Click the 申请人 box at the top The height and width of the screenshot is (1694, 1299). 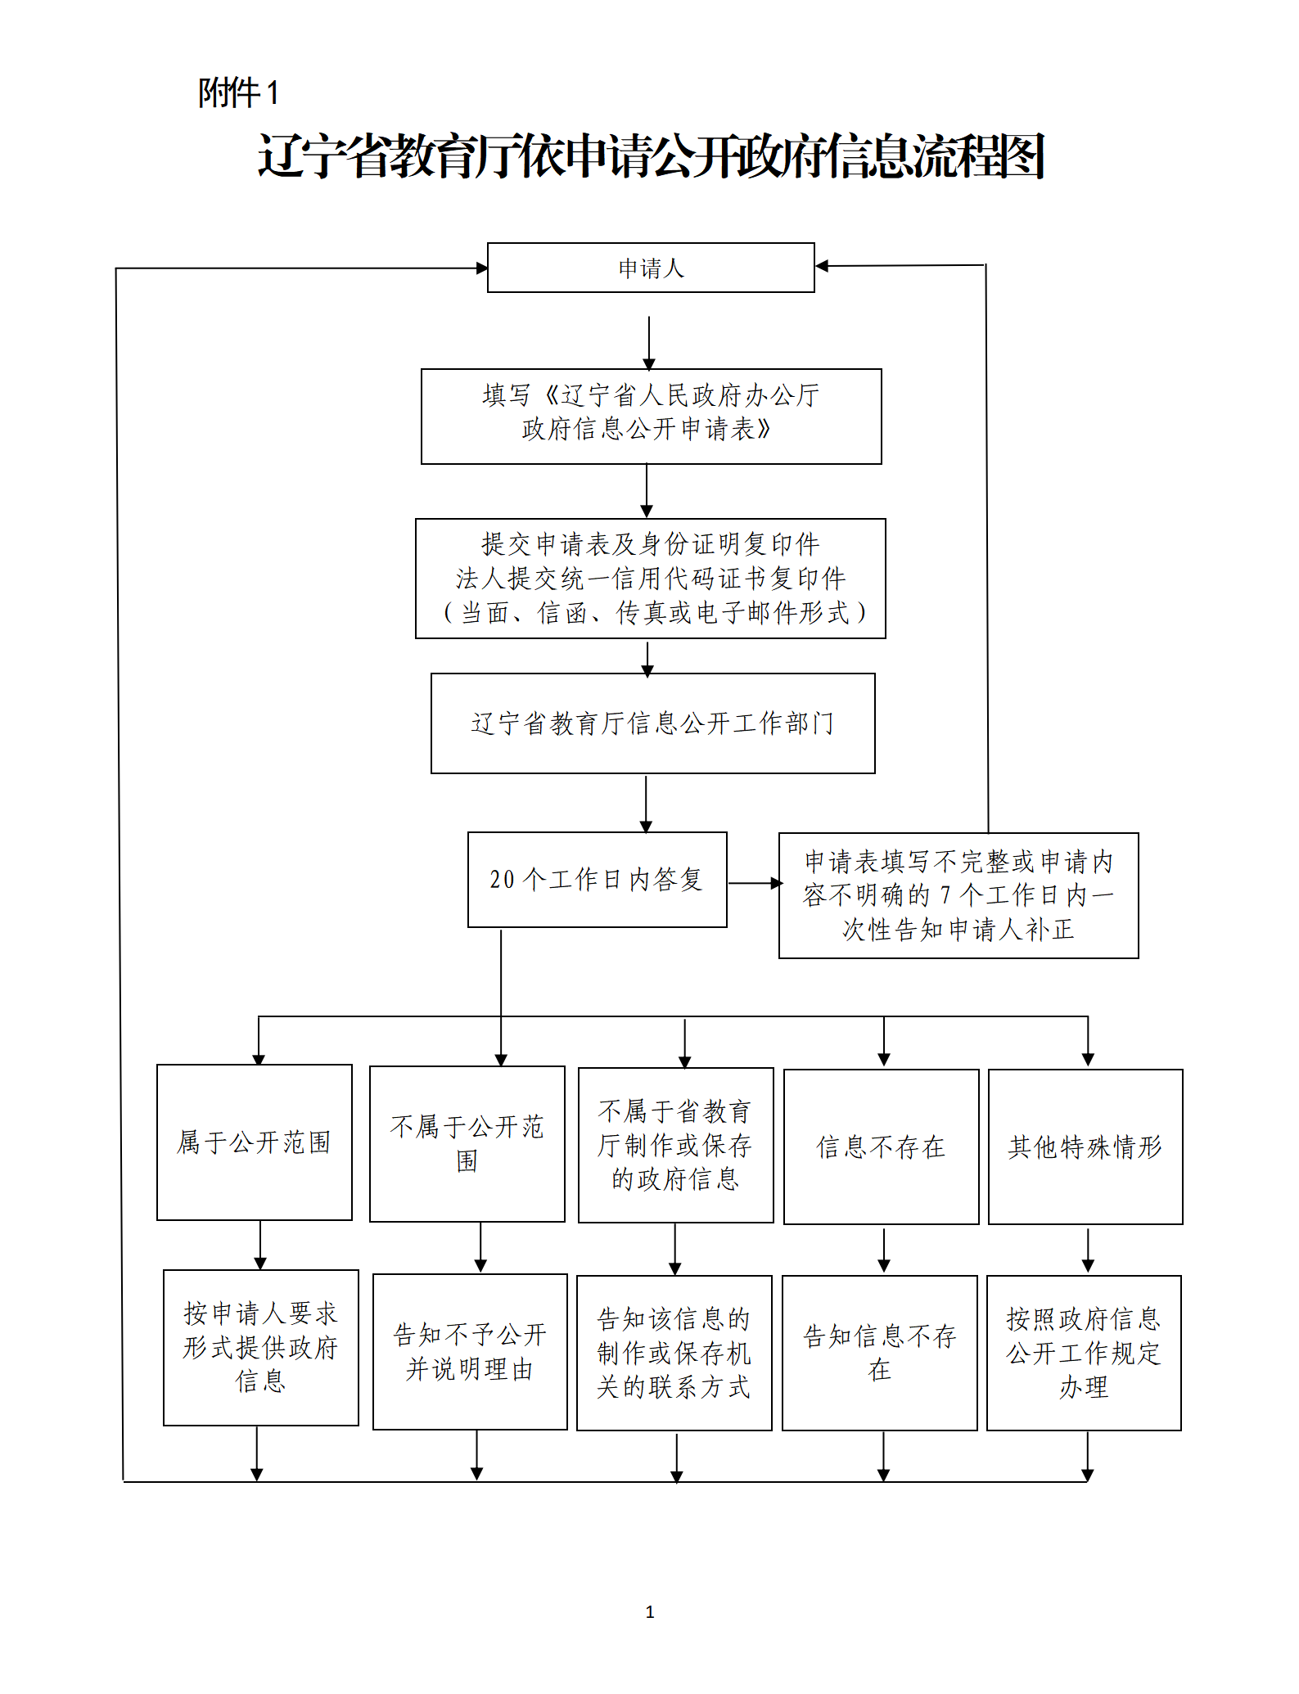click(x=651, y=268)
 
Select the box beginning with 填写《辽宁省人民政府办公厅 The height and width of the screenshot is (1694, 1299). click(x=651, y=416)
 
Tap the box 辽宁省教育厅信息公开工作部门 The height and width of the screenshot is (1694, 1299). click(x=652, y=723)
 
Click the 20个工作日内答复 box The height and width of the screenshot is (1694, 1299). click(x=597, y=879)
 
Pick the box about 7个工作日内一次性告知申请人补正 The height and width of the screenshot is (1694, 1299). click(x=958, y=895)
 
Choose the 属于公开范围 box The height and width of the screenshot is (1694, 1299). click(x=254, y=1142)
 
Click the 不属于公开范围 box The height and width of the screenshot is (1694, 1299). click(x=467, y=1143)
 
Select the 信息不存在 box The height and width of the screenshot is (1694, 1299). click(x=881, y=1147)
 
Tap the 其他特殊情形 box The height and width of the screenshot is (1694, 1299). click(x=1085, y=1147)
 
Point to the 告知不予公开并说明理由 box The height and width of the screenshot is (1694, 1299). click(x=470, y=1351)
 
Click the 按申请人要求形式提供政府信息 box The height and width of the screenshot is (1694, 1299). click(x=260, y=1347)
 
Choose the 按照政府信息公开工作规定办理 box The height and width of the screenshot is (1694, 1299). click(x=1084, y=1352)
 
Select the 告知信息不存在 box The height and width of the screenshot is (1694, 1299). click(x=879, y=1352)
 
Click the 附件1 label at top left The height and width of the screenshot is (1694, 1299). click(x=238, y=92)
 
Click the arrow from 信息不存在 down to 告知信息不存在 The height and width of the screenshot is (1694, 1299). click(x=883, y=1250)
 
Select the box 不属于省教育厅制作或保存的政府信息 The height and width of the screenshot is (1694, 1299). click(x=675, y=1145)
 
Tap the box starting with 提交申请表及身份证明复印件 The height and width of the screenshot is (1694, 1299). click(x=650, y=578)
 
